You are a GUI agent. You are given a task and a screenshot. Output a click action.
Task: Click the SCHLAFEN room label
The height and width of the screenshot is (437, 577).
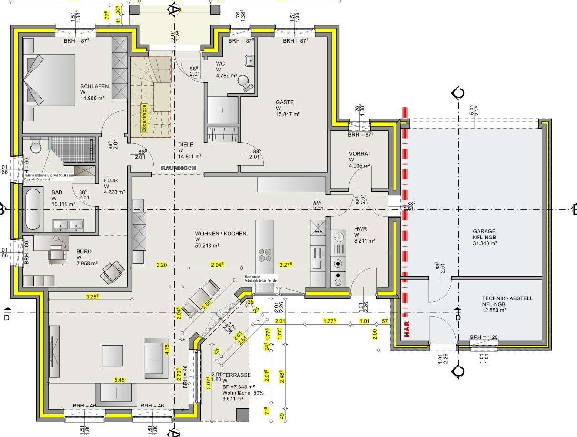[x=94, y=86]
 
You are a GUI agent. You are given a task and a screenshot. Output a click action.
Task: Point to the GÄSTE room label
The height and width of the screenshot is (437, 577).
[x=285, y=102]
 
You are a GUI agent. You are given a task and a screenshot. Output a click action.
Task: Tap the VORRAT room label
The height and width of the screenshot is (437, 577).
[x=359, y=154]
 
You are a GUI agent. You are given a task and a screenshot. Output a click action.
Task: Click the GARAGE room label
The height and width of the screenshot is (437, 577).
[x=482, y=231]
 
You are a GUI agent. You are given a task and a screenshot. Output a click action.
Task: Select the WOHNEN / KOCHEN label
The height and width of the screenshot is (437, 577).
[x=220, y=234]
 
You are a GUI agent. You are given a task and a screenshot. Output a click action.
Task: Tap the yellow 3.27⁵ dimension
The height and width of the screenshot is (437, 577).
[x=286, y=265]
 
